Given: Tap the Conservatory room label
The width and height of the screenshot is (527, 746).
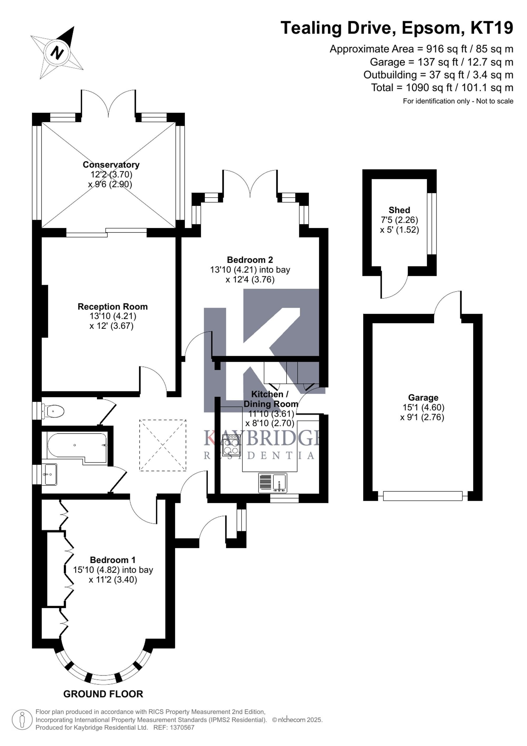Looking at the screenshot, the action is point(111,165).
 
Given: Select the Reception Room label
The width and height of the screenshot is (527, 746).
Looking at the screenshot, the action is point(113,307).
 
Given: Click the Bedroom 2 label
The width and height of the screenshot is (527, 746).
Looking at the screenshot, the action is point(250,260).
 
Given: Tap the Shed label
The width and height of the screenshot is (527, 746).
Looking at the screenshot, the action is point(399,210).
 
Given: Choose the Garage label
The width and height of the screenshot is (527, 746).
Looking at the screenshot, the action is point(423,398).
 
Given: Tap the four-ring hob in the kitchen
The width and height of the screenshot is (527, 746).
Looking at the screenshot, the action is point(231,446).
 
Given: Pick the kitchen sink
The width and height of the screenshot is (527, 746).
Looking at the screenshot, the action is point(272,483).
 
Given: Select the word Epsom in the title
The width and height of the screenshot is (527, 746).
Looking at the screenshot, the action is point(431,28).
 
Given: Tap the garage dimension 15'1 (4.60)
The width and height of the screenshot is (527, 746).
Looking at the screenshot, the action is point(423,408).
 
